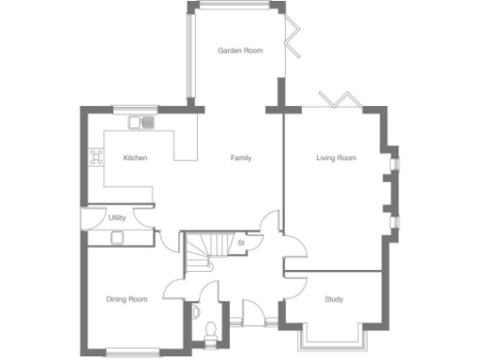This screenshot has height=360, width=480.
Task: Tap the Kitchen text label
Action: (x=135, y=158)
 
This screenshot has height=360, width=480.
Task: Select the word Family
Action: (x=241, y=158)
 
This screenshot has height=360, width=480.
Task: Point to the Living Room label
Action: (x=337, y=158)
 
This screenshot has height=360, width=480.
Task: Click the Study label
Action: (x=334, y=300)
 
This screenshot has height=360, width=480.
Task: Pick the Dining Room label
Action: (x=127, y=300)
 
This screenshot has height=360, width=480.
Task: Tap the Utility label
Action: (x=117, y=217)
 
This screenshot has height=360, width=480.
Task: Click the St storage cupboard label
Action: (x=241, y=244)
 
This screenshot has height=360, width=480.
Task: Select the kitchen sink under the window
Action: (x=142, y=121)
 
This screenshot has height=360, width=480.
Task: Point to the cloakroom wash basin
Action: (x=195, y=311)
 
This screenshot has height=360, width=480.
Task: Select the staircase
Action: (x=206, y=251)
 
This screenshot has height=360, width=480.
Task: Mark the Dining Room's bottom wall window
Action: (x=131, y=352)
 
